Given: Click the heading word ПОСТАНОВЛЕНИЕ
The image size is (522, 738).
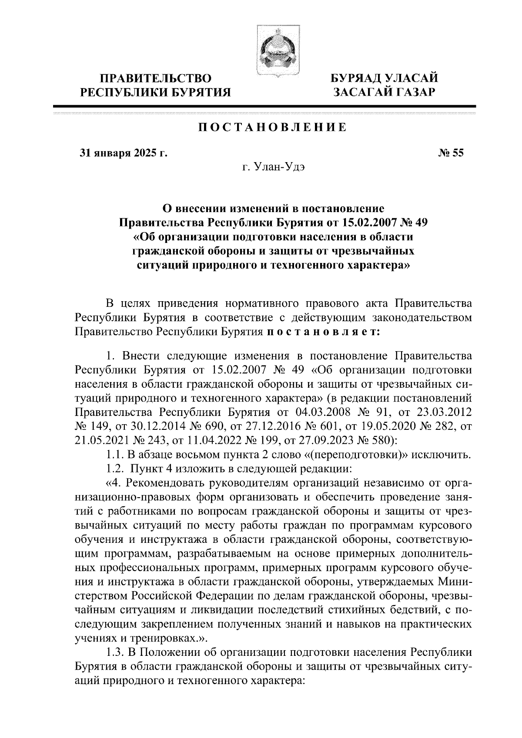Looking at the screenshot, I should [x=273, y=128].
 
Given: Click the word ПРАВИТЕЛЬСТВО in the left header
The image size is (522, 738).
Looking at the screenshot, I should [x=156, y=79].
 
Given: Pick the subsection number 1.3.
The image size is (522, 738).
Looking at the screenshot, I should [x=115, y=652].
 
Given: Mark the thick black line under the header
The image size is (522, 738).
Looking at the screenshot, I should [x=264, y=106].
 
